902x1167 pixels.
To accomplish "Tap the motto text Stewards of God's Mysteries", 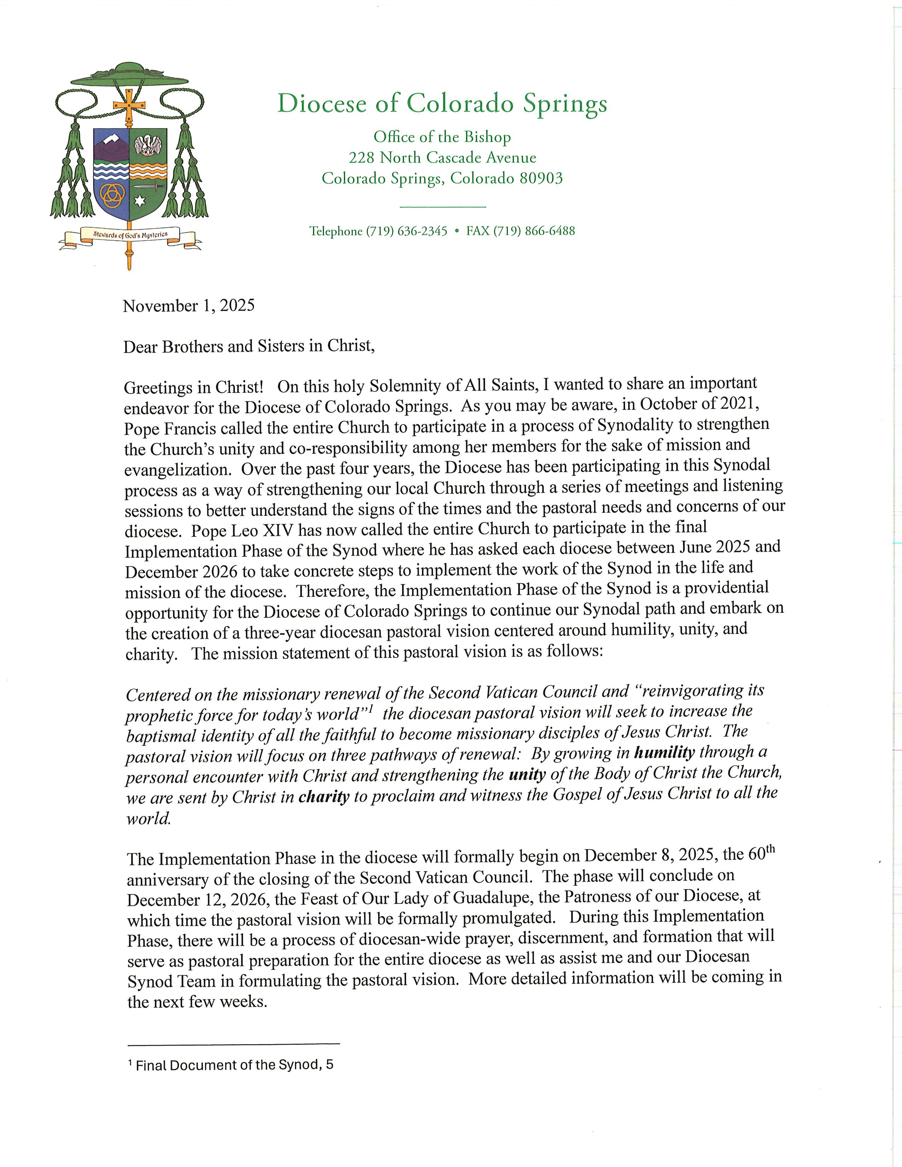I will pos(130,234).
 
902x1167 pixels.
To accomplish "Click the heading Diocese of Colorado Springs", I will pos(442,103).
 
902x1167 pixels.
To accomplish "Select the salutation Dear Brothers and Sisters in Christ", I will pos(249,346).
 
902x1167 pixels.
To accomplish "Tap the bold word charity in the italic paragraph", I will pos(324,797).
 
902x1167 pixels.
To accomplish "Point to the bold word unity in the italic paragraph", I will pos(527,774).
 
